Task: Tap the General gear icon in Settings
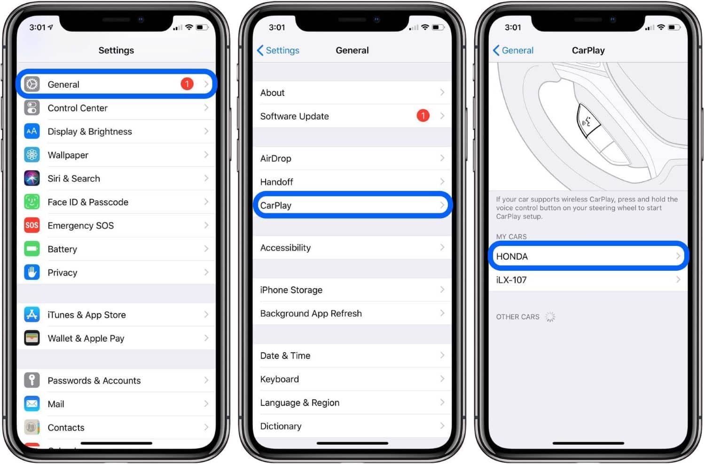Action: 32,84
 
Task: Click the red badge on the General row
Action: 187,84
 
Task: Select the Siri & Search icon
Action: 32,178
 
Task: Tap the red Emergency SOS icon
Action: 32,225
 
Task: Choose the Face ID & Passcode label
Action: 88,202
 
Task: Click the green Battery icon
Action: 32,249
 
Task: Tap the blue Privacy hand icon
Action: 32,272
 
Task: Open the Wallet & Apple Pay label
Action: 86,338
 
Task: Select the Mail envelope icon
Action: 32,404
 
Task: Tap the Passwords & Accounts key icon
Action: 32,380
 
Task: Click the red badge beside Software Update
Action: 423,116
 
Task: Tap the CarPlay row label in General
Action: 276,205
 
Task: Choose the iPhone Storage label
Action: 291,290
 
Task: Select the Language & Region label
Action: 299,403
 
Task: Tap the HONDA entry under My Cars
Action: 512,257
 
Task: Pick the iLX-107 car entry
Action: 511,280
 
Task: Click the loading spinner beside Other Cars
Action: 550,317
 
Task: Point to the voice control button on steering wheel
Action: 588,121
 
